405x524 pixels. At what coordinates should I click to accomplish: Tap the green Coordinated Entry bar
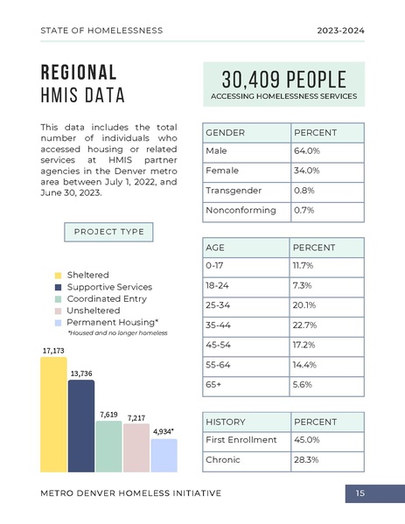[x=108, y=446]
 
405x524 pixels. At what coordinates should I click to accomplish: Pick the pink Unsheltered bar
[x=136, y=448]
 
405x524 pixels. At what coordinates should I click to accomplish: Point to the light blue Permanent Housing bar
[x=164, y=455]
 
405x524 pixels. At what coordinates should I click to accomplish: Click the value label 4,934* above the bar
[x=164, y=431]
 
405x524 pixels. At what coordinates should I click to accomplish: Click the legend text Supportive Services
[x=109, y=287]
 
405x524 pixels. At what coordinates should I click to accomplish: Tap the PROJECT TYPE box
[x=109, y=232]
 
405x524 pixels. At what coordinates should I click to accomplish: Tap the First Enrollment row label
[x=241, y=439]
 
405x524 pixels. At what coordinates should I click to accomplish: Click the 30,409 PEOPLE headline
[x=283, y=79]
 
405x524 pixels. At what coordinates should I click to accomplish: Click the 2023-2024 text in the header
[x=340, y=31]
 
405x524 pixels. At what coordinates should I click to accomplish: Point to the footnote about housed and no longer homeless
[x=117, y=333]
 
